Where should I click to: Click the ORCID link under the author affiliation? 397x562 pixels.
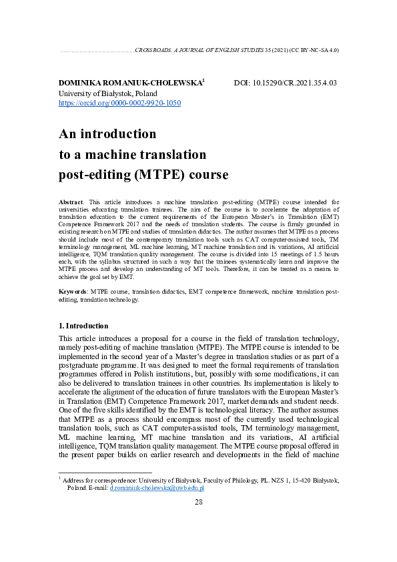click(x=120, y=103)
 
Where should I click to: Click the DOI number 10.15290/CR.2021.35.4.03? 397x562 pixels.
click(x=294, y=83)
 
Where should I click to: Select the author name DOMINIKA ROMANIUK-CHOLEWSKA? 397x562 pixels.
click(x=129, y=83)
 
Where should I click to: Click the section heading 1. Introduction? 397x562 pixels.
click(x=83, y=326)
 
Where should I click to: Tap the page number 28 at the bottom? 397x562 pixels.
click(x=199, y=501)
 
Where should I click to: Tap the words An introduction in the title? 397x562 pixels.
click(x=107, y=133)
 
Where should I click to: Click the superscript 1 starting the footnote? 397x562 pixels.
click(x=61, y=477)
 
